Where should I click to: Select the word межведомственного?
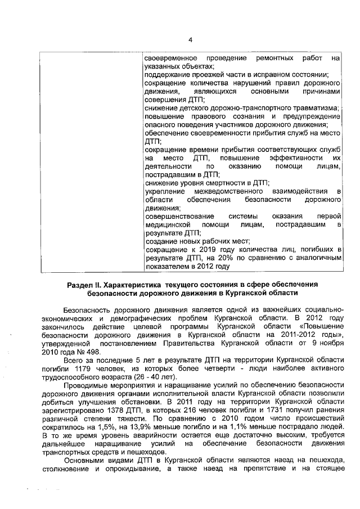pos(221,192)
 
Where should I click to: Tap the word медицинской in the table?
pos(168,224)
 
